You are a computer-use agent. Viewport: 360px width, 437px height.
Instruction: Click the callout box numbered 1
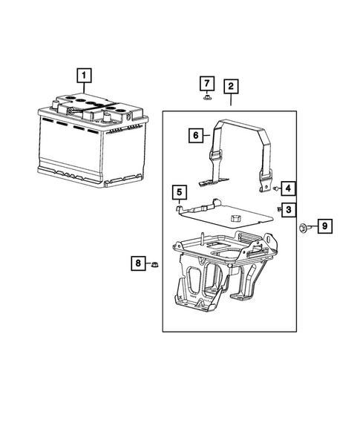85,75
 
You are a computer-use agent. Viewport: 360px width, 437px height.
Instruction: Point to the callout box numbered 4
287,188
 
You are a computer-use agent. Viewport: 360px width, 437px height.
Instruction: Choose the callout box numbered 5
179,194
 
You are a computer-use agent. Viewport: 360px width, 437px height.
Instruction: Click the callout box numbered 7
208,82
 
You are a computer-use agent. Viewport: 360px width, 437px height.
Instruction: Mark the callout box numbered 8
137,263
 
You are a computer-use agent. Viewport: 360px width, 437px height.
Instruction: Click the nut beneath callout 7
207,97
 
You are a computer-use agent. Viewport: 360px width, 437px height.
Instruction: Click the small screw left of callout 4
275,190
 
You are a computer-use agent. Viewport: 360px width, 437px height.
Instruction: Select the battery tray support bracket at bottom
219,275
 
